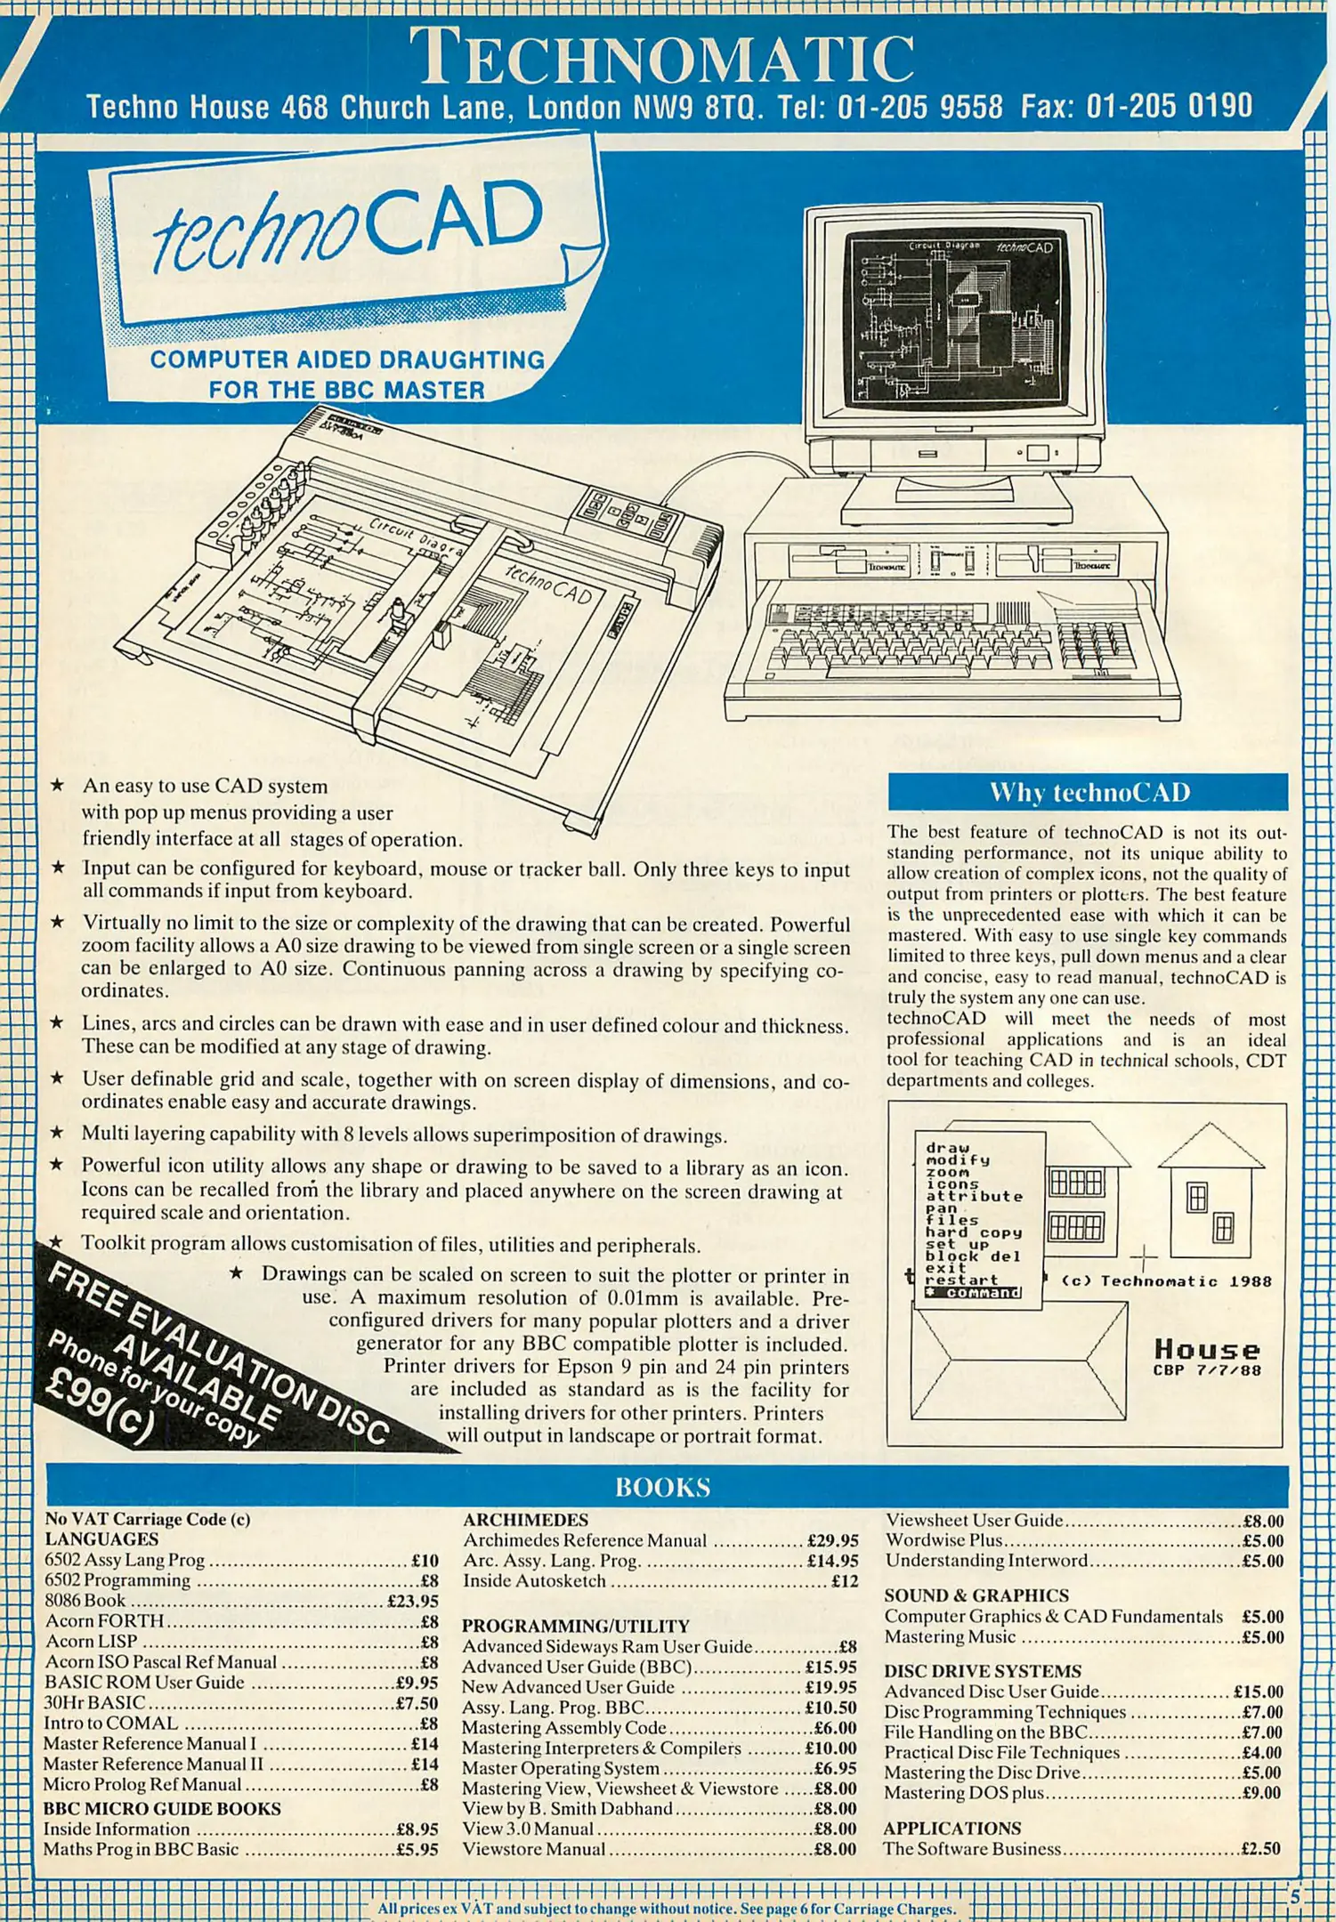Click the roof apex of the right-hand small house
click(1210, 1124)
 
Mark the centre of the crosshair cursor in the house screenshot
click(1144, 1257)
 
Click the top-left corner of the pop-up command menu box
click(915, 1132)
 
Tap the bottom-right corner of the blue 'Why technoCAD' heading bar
click(1288, 809)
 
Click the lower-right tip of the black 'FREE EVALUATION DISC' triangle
click(461, 1452)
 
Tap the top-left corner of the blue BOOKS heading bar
click(46, 1465)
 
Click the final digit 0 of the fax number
click(1243, 107)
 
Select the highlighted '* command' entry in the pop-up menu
click(972, 1293)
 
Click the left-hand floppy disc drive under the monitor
click(849, 561)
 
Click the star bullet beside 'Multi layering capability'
click(56, 1132)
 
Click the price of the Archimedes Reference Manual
click(832, 1540)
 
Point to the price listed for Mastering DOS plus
click(1262, 1792)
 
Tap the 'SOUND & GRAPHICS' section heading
click(976, 1595)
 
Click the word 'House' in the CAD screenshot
click(1207, 1349)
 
